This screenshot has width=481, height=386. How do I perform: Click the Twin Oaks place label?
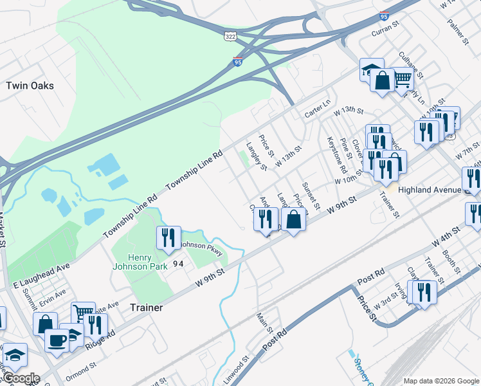point(30,86)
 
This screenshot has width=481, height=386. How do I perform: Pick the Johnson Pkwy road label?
point(201,248)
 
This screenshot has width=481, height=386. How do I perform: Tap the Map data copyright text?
point(441,381)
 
